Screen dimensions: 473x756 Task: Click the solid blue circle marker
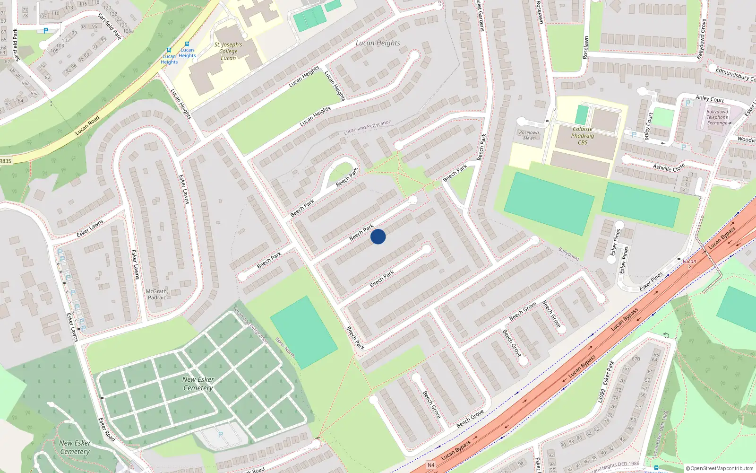tap(378, 236)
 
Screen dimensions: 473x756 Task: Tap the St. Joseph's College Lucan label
tap(228, 52)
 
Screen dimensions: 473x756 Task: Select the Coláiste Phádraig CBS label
tap(583, 136)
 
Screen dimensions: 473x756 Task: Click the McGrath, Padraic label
tap(157, 294)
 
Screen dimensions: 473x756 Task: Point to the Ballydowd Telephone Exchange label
tap(717, 117)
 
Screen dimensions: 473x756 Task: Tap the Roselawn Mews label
tap(529, 135)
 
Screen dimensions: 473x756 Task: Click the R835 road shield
tap(6, 161)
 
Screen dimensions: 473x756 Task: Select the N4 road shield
tap(431, 465)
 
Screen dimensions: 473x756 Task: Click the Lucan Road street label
tap(88, 125)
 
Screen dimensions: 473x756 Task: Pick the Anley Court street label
tap(710, 99)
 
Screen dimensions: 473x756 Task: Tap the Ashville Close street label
tap(669, 167)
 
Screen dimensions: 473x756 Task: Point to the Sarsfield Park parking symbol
tap(46, 31)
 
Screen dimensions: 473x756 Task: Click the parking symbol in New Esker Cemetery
tap(220, 434)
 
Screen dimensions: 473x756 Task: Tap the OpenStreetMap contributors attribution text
tap(720, 469)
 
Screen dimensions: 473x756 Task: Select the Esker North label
tap(285, 348)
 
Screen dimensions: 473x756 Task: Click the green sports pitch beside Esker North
tap(304, 332)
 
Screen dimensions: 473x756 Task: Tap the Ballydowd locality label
tap(568, 254)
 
